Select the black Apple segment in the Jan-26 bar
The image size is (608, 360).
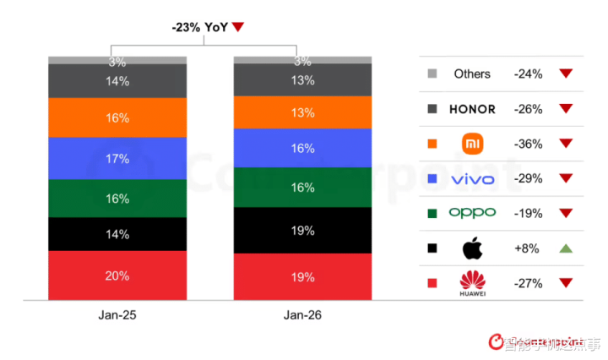[302, 230]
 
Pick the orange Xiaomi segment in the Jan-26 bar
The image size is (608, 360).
[302, 112]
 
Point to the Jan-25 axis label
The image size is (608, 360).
[117, 315]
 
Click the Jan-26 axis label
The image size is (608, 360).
[302, 315]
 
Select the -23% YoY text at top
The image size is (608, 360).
[201, 26]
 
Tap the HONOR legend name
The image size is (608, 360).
[472, 109]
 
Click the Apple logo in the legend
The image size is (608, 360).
[471, 248]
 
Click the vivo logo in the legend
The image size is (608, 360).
[472, 179]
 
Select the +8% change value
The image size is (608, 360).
[528, 248]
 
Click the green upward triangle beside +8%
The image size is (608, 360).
[566, 248]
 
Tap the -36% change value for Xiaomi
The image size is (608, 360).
[528, 144]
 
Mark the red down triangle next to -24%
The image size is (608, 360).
[566, 74]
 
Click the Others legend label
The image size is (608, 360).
[472, 74]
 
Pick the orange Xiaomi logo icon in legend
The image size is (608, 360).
[471, 144]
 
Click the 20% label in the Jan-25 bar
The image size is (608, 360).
[117, 275]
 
